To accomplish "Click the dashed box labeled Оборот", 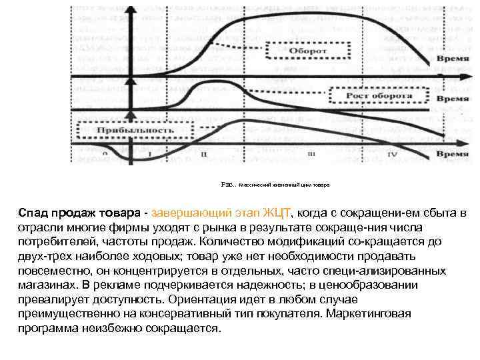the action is click(x=307, y=51).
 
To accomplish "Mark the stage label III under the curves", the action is click(x=311, y=154).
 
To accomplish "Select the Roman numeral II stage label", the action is click(x=204, y=154).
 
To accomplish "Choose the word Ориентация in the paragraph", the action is click(x=204, y=300).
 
